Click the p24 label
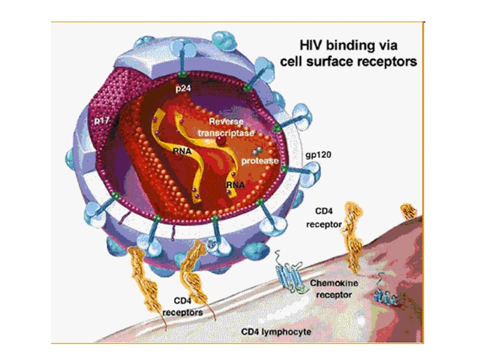click(182, 88)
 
